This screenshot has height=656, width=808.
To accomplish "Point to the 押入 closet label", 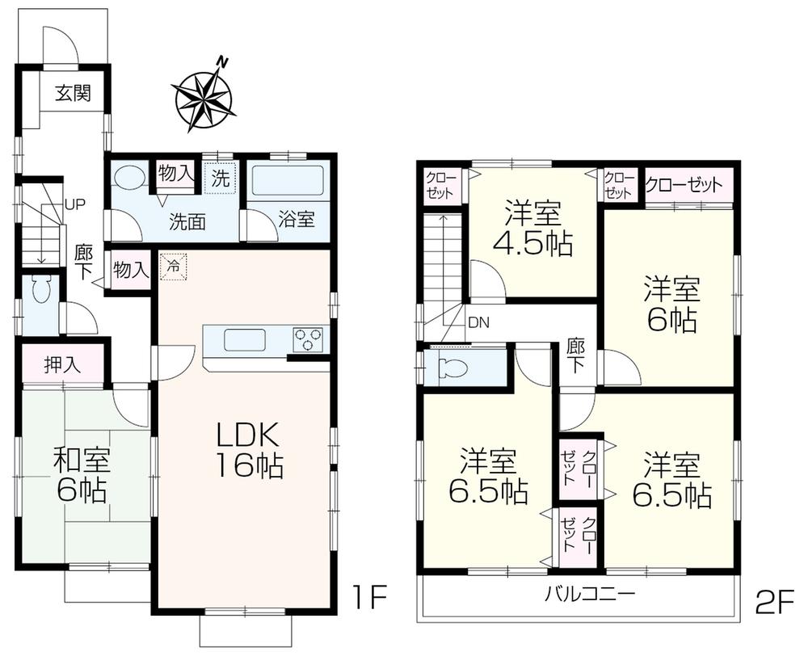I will coord(62,364).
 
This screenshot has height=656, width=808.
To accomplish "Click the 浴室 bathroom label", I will coord(297,220).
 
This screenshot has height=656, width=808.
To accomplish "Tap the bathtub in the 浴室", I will coord(288,182).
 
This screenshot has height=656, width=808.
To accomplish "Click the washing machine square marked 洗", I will coord(220,178).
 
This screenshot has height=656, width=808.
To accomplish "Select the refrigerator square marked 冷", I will coord(173,267).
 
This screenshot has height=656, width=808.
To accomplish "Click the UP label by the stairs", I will coord(75,204).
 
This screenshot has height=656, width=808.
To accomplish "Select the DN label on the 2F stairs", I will coord(478,322).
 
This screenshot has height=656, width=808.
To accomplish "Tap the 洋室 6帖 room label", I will coord(671,305).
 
